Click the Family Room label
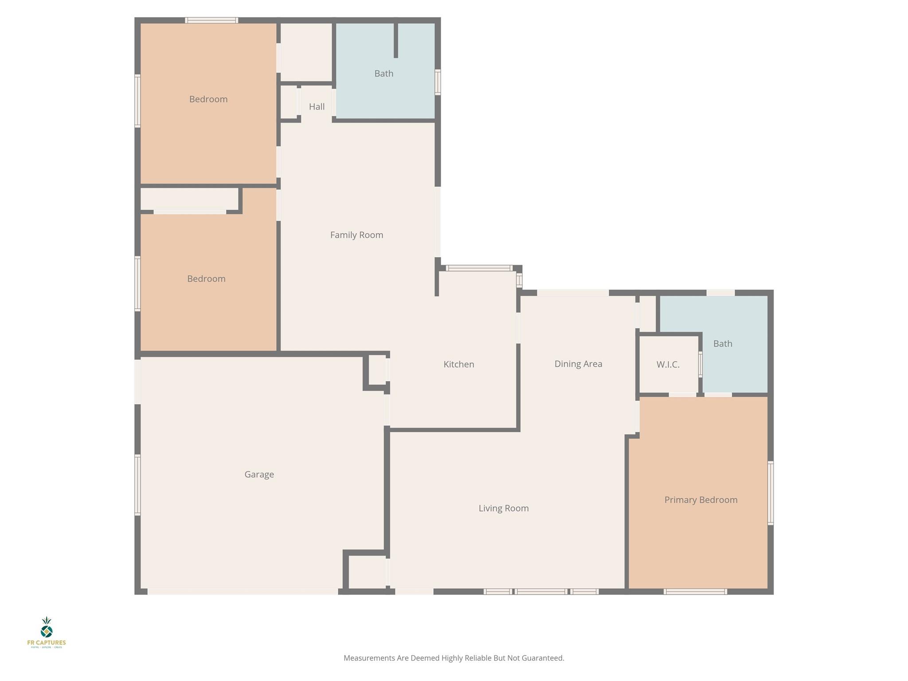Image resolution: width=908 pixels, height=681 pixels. click(356, 235)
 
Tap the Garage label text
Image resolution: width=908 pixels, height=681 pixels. click(259, 474)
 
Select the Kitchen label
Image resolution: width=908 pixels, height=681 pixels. click(458, 364)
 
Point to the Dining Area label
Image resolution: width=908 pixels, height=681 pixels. click(578, 364)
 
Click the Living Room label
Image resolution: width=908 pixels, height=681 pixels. click(503, 509)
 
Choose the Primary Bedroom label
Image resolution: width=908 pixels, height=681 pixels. click(701, 500)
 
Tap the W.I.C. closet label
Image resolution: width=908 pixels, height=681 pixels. click(668, 365)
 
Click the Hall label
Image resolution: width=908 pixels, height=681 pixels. click(317, 107)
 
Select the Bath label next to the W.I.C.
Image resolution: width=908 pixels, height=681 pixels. click(722, 344)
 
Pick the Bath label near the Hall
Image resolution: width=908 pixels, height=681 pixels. click(384, 74)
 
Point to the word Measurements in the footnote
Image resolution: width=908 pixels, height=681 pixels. click(369, 658)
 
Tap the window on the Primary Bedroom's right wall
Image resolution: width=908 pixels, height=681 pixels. click(771, 493)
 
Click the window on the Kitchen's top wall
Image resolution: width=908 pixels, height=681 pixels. click(479, 268)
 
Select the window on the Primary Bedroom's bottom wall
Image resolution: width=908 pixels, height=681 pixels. click(695, 591)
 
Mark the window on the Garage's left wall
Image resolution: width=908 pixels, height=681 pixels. click(137, 485)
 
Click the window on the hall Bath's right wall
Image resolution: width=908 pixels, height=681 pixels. click(438, 82)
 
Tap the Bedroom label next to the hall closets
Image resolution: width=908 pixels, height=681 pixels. click(208, 99)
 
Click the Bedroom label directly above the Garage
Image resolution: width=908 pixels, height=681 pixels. click(206, 279)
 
